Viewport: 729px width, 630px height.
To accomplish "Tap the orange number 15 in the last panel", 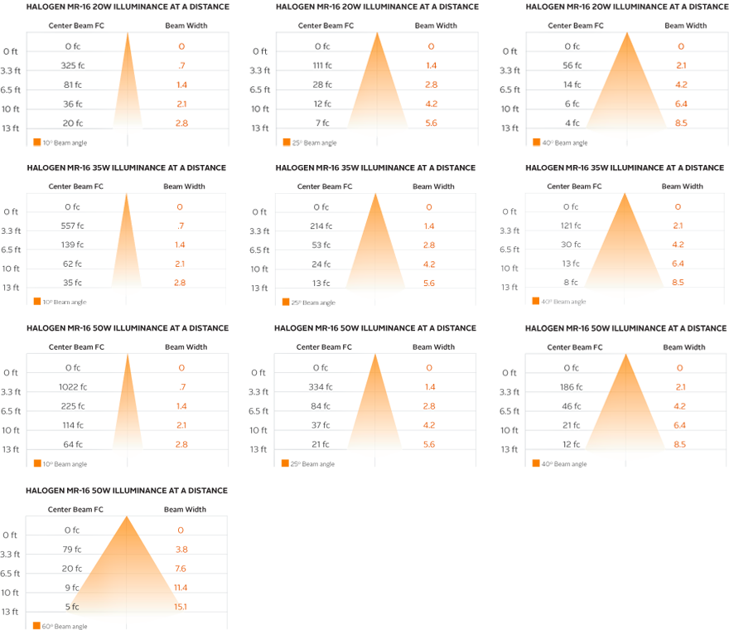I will [x=178, y=607].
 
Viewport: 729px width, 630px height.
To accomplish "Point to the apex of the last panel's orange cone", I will [x=126, y=519].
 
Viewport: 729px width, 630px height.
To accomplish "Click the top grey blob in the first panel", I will [x=73, y=43].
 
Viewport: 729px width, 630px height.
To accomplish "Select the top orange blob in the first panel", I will [x=182, y=43].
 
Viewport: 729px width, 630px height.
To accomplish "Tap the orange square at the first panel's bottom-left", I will [x=36, y=139].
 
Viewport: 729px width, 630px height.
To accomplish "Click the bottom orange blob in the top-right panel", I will [x=681, y=120].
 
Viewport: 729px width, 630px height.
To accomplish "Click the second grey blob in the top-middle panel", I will [x=321, y=63].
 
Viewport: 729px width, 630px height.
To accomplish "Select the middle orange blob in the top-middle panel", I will [x=431, y=82].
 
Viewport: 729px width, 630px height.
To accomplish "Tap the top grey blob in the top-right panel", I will [x=572, y=43].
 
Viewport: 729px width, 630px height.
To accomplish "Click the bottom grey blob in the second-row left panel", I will [x=72, y=280].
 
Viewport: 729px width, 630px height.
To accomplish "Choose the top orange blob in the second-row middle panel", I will [x=429, y=204].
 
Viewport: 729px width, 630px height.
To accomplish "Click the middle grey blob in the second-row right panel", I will [x=570, y=242].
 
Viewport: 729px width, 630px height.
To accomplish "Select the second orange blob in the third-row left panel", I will [x=182, y=384].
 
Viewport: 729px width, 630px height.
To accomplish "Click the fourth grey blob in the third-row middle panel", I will [x=321, y=423].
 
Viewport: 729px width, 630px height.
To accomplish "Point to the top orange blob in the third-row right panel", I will [x=679, y=365].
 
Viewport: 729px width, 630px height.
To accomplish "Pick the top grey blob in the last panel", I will [x=72, y=527].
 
